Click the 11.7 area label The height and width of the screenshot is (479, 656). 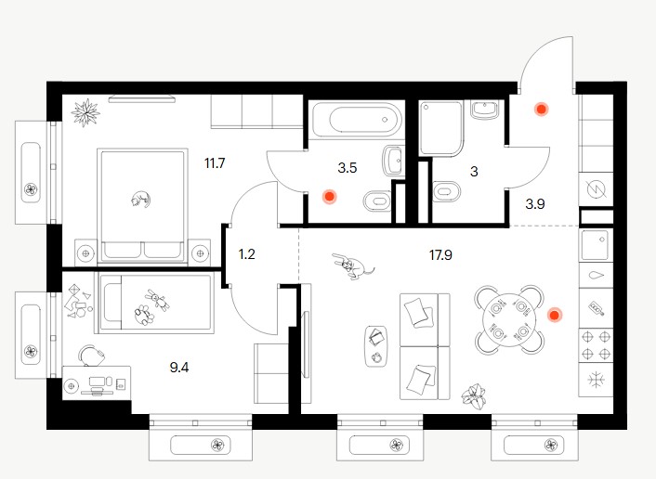215,163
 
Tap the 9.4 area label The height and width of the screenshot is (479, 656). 179,368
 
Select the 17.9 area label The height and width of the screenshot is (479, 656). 440,254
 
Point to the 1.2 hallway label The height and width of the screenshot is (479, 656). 246,253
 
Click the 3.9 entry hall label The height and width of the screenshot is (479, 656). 535,204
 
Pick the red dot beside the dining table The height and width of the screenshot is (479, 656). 555,315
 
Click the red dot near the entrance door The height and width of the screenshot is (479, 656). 542,110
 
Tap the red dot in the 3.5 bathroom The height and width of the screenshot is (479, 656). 329,196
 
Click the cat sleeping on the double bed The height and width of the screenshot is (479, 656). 140,199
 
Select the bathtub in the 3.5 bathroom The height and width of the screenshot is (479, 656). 357,119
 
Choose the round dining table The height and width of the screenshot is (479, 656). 509,320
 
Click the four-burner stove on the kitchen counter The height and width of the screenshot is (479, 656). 596,345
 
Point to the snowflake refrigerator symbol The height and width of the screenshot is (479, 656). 596,380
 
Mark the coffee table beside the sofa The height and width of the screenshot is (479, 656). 375,346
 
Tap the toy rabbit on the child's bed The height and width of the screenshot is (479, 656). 157,300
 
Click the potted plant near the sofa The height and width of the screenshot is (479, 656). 474,395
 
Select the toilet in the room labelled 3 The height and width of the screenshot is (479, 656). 446,193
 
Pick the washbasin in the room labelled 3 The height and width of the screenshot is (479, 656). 484,110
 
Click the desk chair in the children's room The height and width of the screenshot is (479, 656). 92,356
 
